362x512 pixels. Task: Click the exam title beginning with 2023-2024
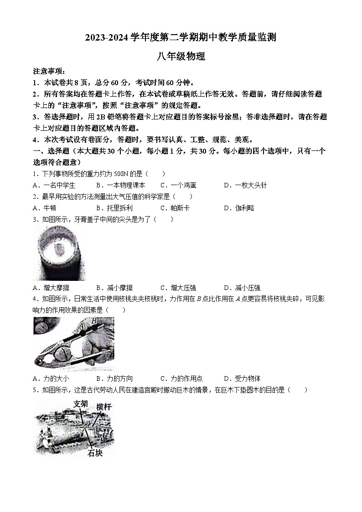click(181, 37)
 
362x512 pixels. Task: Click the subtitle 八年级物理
click(181, 57)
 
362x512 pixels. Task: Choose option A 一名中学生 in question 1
click(54, 185)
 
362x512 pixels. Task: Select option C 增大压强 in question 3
click(178, 288)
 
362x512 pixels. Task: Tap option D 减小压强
click(242, 288)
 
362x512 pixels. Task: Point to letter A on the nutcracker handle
click(81, 326)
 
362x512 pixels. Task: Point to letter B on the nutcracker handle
click(94, 321)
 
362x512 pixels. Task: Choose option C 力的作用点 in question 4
click(181, 378)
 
